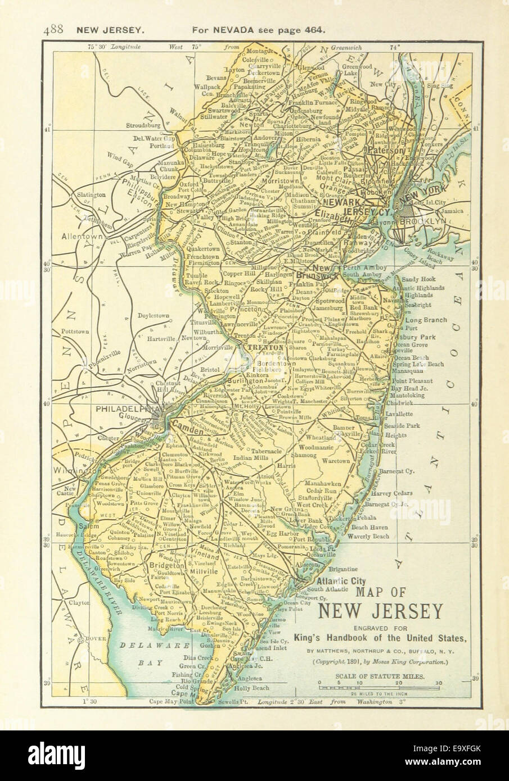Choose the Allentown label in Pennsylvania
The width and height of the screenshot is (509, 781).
(83, 237)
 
